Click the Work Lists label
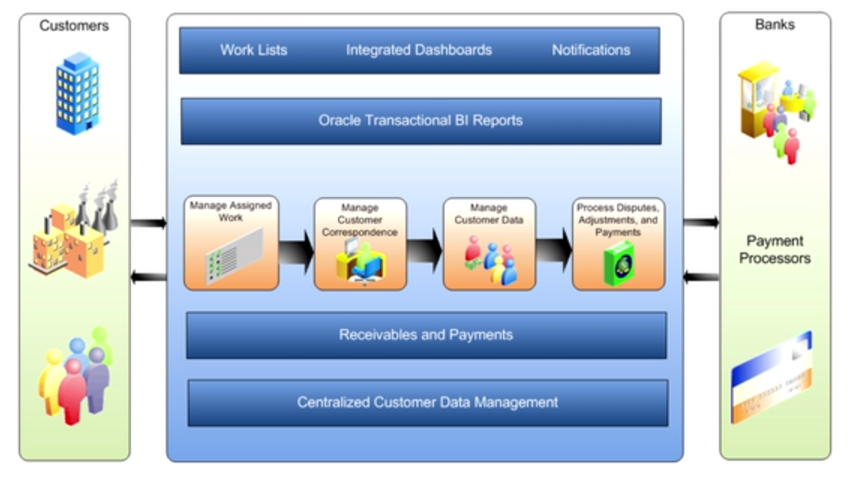click(x=253, y=50)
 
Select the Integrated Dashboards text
click(x=418, y=50)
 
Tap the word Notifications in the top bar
click(x=591, y=50)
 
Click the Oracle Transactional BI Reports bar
click(x=421, y=121)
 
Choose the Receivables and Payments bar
click(x=426, y=335)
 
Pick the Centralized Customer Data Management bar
click(x=427, y=402)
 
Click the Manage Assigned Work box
click(x=232, y=243)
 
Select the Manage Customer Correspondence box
click(x=360, y=244)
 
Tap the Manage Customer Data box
click(x=489, y=244)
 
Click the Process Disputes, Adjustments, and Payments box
click(x=618, y=244)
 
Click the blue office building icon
click(x=77, y=93)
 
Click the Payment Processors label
click(x=774, y=249)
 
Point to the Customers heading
click(x=74, y=25)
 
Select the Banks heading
click(x=774, y=25)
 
